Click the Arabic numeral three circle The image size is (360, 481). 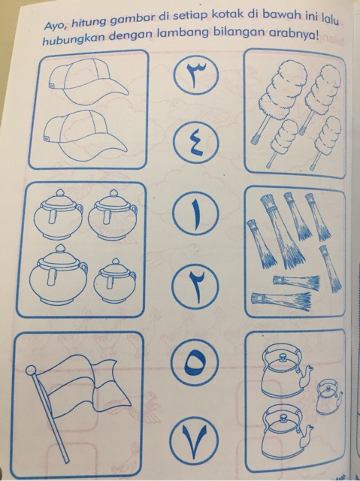click(x=196, y=74)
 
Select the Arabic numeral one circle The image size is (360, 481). click(x=196, y=213)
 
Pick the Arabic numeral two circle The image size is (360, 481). click(x=195, y=286)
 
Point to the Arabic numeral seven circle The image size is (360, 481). click(x=193, y=439)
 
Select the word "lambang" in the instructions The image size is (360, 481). click(x=183, y=35)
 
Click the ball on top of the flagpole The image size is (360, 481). click(x=31, y=371)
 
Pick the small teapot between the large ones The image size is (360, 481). click(x=328, y=398)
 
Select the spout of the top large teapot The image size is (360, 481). click(x=305, y=376)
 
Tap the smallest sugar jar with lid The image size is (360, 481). click(x=114, y=280)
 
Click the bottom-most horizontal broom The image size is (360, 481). click(x=281, y=300)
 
